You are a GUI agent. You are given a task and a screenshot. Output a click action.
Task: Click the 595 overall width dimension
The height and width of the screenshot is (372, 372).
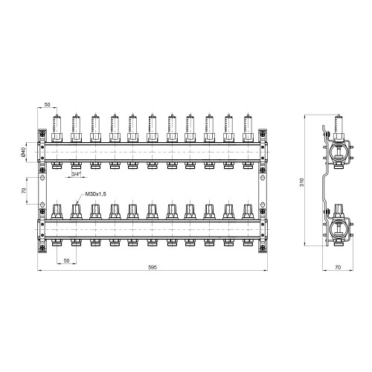pyautogui.click(x=153, y=267)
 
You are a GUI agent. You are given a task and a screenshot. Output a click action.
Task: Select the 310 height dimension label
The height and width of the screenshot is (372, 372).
pyautogui.click(x=302, y=182)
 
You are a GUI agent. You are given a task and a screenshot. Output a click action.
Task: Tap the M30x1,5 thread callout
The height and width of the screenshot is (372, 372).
pyautogui.click(x=95, y=194)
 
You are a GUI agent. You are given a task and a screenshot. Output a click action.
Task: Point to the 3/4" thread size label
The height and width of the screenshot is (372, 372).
pyautogui.click(x=77, y=174)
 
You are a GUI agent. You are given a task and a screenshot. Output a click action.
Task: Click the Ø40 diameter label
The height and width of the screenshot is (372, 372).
pyautogui.click(x=23, y=152)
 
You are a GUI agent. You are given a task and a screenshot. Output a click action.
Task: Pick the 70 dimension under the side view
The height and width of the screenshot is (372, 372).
pyautogui.click(x=338, y=267)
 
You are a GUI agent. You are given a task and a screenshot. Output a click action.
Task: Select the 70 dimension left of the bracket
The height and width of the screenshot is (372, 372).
pyautogui.click(x=24, y=190)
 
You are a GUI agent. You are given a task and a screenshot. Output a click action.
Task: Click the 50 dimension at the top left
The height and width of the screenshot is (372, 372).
pyautogui.click(x=47, y=105)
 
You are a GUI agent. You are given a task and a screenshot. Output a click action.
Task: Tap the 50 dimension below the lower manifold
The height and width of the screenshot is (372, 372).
pyautogui.click(x=66, y=260)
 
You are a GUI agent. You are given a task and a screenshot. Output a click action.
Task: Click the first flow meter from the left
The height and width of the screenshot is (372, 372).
pyautogui.click(x=57, y=128)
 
